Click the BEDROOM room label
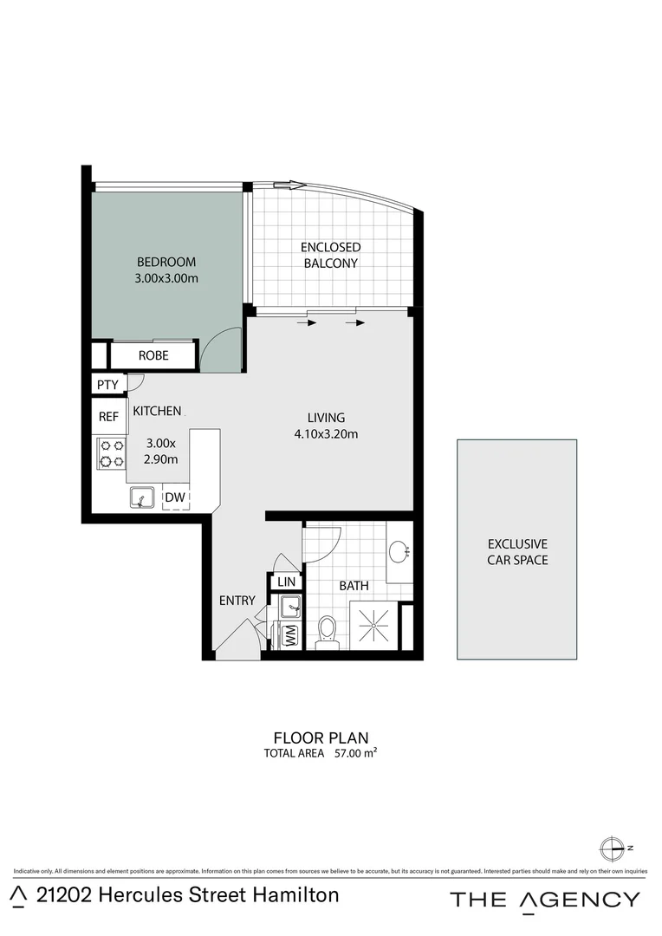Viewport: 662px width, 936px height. point(166,262)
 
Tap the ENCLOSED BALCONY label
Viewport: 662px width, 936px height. point(330,255)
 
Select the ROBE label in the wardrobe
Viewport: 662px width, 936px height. point(153,355)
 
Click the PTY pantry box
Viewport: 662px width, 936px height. point(107,384)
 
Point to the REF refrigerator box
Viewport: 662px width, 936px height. point(108,417)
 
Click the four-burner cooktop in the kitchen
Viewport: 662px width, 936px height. point(111,453)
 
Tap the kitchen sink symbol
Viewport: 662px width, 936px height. point(143,497)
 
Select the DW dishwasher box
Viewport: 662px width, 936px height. point(175,497)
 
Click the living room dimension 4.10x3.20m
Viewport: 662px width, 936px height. point(325,434)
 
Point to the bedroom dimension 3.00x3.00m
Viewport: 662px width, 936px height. point(166,278)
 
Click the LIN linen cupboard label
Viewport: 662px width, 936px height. point(287,582)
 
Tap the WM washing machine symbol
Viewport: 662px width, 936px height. point(290,635)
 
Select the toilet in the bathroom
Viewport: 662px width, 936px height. point(327,632)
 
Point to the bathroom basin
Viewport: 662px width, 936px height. point(399,551)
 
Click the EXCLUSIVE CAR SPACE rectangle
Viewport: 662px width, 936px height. point(517,549)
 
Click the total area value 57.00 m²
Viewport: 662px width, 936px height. point(355,753)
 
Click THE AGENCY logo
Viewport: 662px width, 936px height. point(545,900)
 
